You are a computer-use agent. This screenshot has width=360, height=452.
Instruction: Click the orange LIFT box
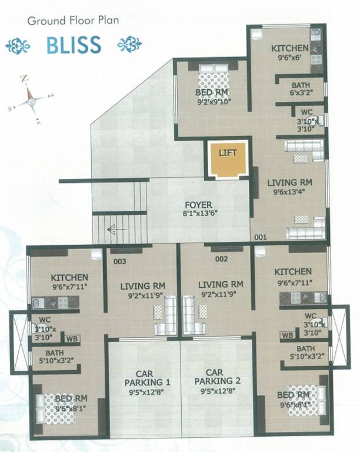coord(227,159)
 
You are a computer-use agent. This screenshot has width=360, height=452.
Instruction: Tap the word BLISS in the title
coord(74,44)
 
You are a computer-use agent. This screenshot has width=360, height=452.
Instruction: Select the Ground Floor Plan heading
coord(73,21)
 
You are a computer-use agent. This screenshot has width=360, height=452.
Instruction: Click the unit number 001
coord(261,237)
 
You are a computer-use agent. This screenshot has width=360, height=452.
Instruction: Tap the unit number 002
coord(221,258)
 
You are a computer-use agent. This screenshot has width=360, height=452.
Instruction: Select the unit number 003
coord(119,258)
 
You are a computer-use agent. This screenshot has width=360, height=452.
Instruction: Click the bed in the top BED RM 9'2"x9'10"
coord(213,77)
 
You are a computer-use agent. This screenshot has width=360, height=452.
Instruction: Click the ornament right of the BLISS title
coord(129,44)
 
